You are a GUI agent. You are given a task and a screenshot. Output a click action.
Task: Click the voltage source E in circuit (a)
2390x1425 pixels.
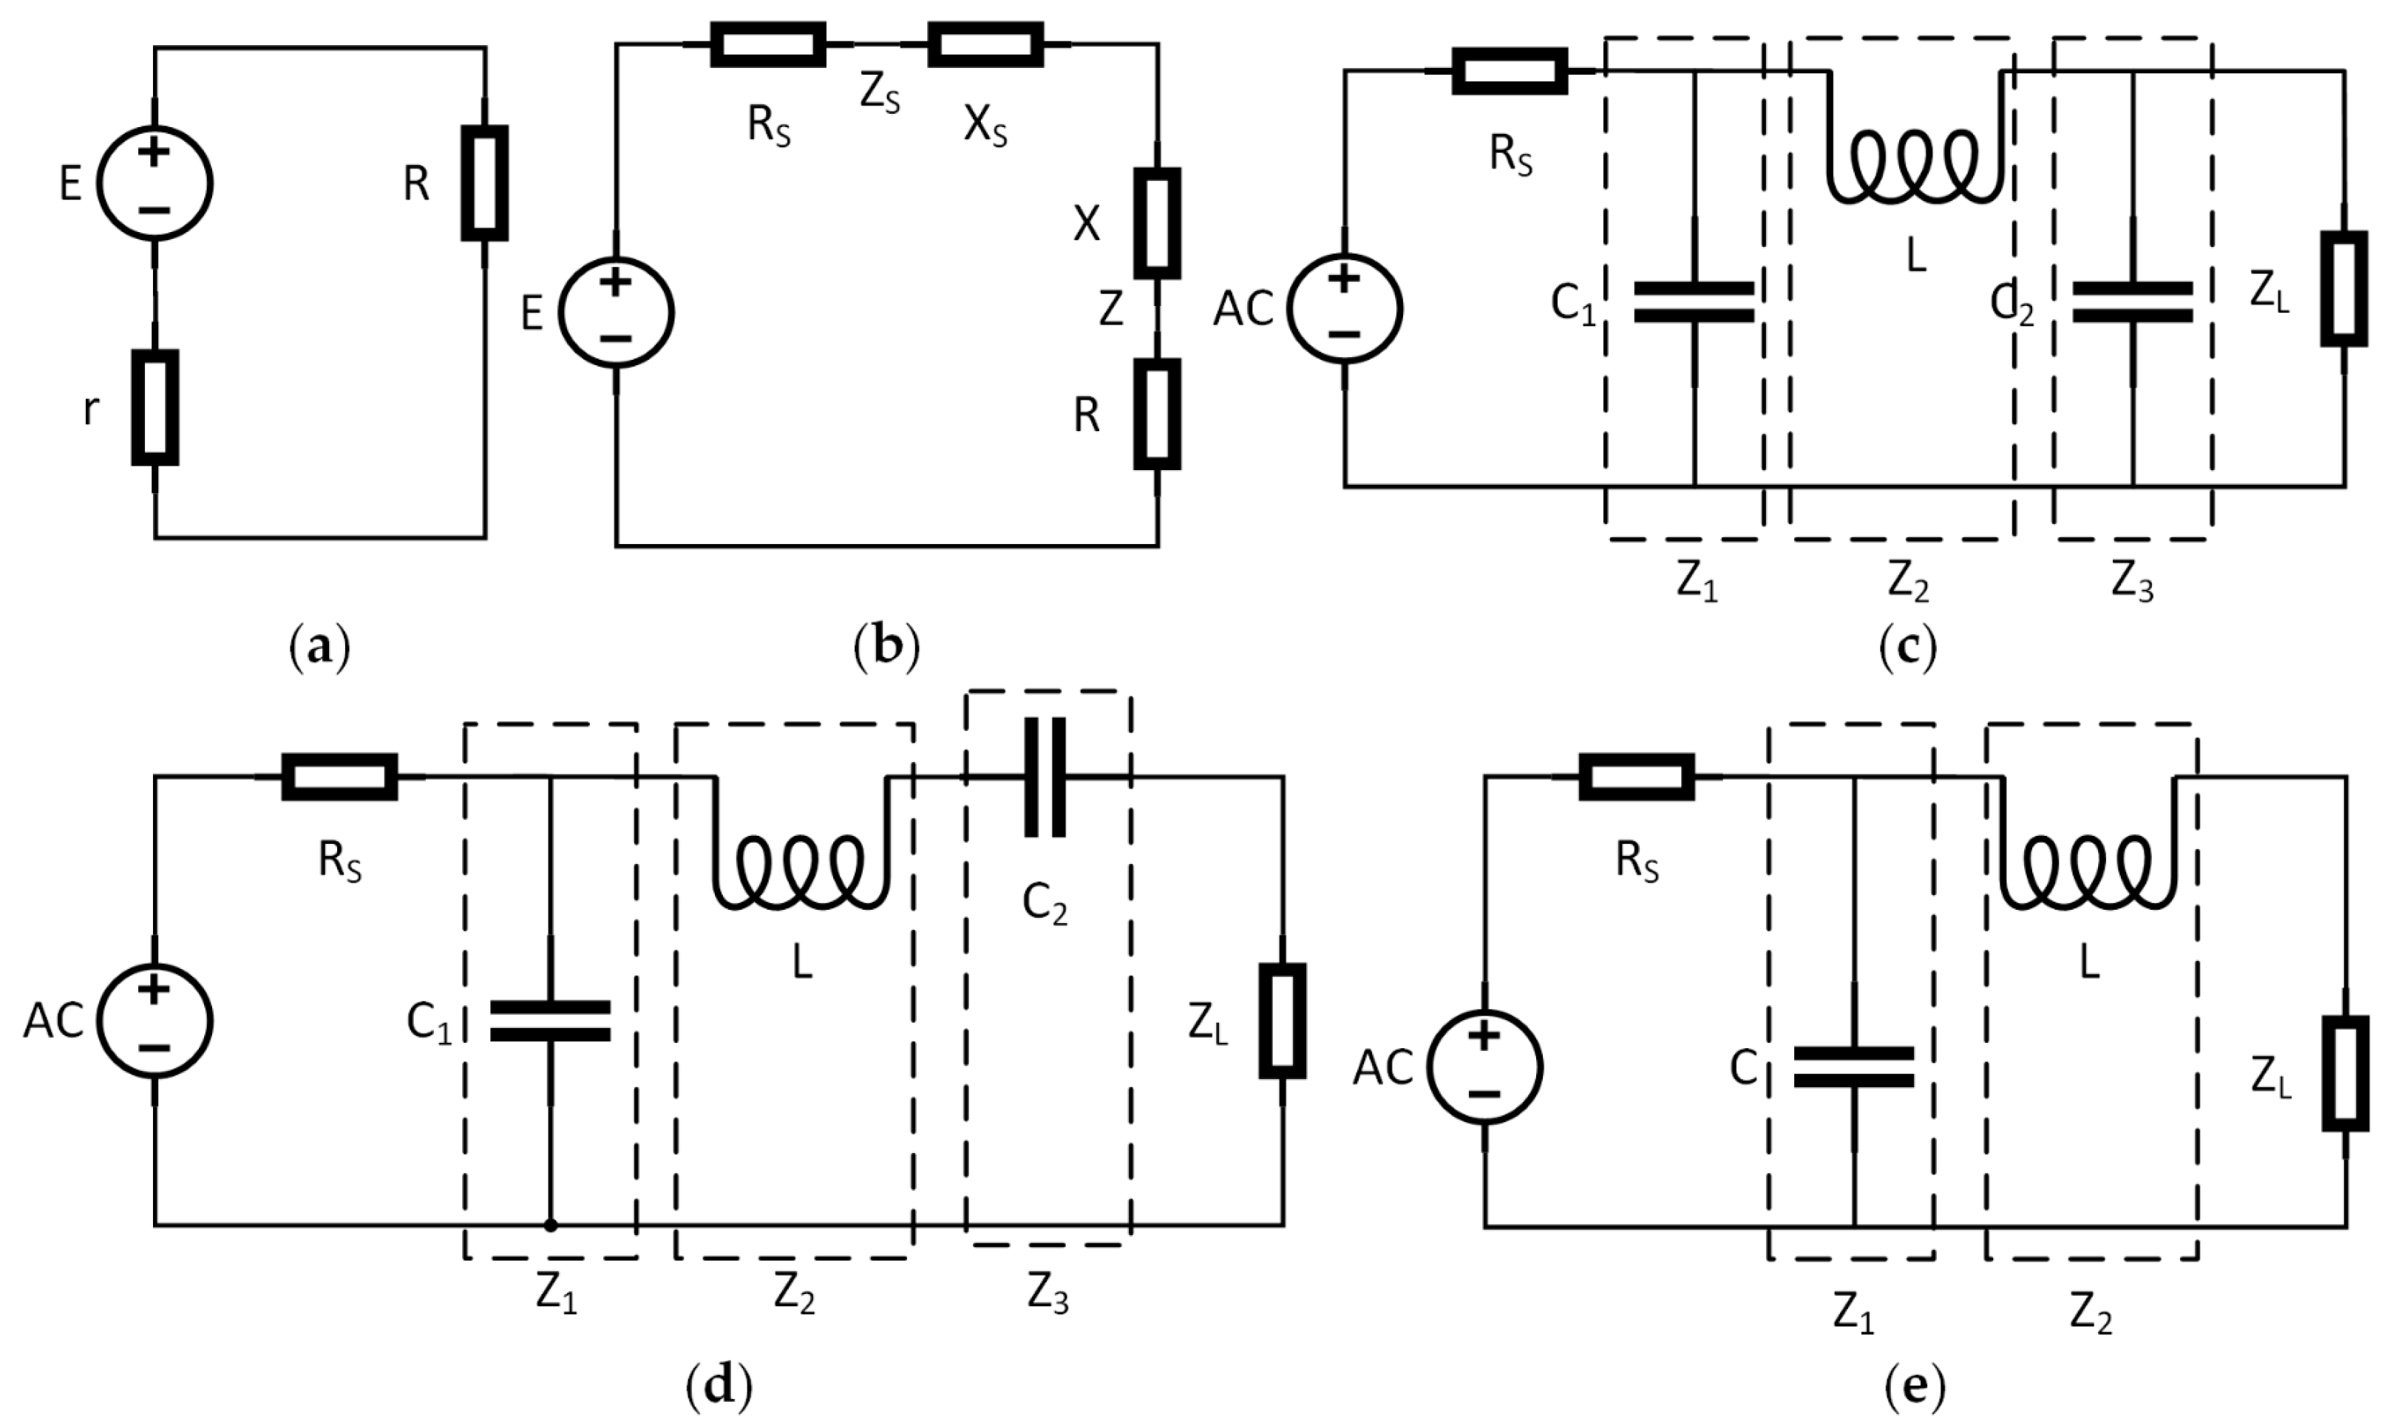pos(155,183)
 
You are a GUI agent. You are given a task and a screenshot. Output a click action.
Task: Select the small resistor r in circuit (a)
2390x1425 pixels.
pos(155,407)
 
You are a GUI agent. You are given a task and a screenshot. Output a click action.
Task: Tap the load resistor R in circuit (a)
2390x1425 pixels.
pos(485,183)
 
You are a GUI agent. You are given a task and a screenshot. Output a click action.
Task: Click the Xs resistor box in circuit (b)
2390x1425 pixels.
pos(985,44)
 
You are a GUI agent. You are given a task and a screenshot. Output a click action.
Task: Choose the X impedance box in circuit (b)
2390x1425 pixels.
pos(1157,222)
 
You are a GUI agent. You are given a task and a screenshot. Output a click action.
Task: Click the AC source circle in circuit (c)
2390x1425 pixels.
pos(1344,308)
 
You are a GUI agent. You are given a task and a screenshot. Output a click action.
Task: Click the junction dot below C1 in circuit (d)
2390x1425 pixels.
pos(550,1225)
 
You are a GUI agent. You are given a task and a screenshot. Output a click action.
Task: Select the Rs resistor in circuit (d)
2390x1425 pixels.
pos(339,777)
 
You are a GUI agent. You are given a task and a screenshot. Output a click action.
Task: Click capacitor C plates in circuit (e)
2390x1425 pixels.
pos(1853,1067)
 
